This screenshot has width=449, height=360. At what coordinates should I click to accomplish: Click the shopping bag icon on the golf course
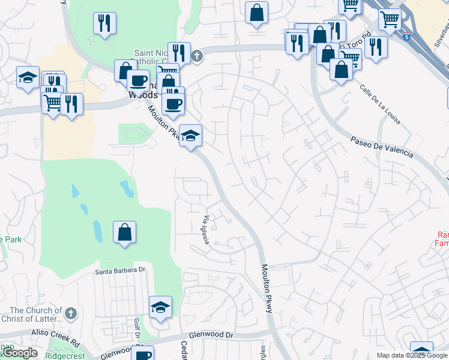124,232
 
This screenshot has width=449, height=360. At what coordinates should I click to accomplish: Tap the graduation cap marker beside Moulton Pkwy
191,136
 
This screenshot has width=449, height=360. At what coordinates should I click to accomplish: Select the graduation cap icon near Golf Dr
160,307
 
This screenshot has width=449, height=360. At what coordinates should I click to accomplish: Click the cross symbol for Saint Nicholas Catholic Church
196,57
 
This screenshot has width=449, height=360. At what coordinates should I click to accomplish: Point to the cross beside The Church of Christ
71,313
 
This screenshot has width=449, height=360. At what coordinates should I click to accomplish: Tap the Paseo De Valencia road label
382,146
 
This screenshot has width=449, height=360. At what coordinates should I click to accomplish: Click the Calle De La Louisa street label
381,104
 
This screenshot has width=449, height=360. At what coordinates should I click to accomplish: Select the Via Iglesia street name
205,230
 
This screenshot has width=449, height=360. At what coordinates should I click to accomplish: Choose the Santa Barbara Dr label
121,271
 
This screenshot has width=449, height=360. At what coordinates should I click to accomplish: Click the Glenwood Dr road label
210,336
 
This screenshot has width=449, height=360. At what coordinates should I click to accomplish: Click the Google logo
19,353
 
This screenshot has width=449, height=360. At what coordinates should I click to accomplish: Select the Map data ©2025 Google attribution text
412,355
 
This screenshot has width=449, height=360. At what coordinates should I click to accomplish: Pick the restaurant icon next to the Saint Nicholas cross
179,52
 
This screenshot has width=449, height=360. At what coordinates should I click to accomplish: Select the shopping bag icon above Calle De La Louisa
341,70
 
